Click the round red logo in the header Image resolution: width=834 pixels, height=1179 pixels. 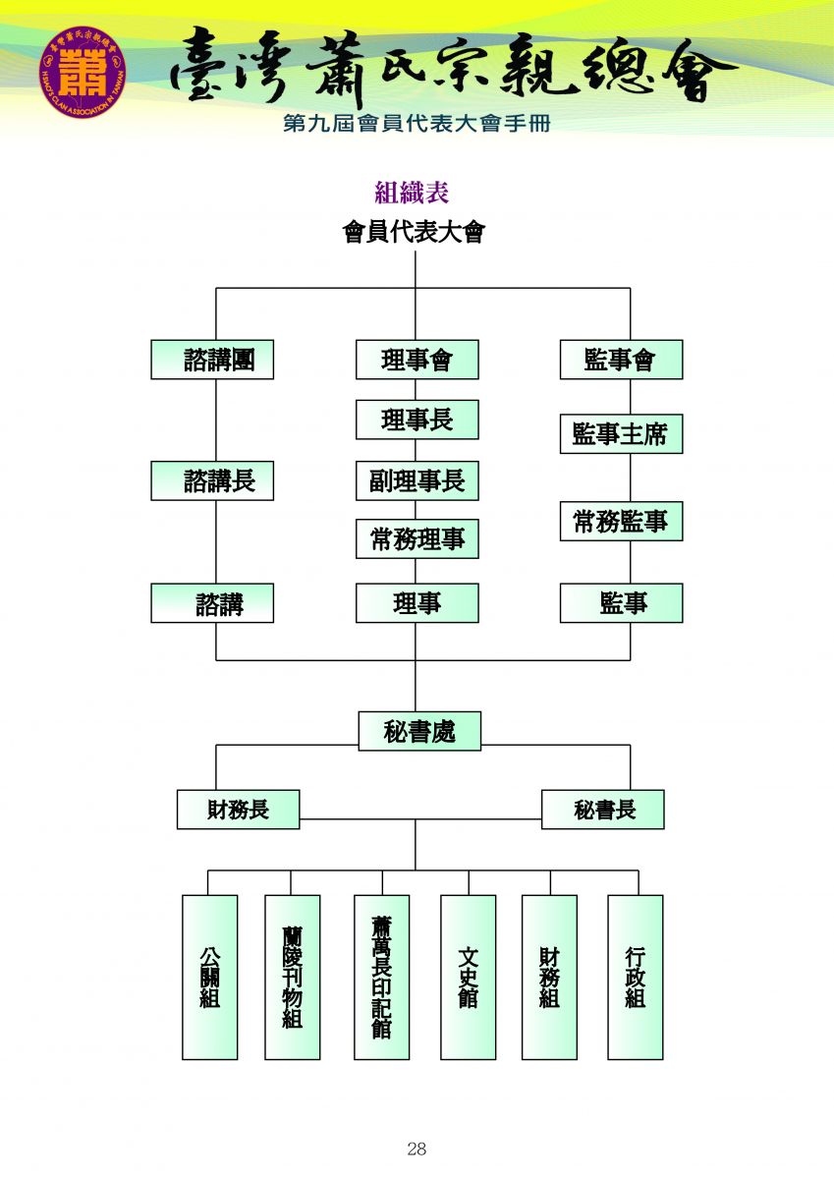83,72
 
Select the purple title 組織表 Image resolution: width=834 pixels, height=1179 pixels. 412,192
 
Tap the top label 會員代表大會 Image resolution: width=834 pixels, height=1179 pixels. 414,233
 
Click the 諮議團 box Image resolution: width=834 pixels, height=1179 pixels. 212,360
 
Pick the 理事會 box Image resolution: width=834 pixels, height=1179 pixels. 417,360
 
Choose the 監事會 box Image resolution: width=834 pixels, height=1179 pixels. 621,360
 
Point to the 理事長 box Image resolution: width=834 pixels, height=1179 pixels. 417,420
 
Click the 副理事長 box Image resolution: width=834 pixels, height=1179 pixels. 417,480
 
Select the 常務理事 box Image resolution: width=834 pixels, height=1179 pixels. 417,539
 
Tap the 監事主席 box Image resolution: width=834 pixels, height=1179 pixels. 621,434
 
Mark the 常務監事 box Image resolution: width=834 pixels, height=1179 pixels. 621,522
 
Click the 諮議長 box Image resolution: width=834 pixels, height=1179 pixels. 212,480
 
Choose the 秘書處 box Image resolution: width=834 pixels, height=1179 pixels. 419,731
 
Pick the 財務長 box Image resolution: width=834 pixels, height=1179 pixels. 238,810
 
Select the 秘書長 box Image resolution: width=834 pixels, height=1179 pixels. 602,810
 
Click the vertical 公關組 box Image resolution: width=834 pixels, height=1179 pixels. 209,977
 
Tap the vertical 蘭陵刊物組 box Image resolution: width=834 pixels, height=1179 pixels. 292,977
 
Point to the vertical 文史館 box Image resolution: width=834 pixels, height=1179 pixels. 468,977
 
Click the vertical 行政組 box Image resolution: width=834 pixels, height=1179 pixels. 635,977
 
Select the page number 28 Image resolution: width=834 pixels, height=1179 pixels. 417,1149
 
